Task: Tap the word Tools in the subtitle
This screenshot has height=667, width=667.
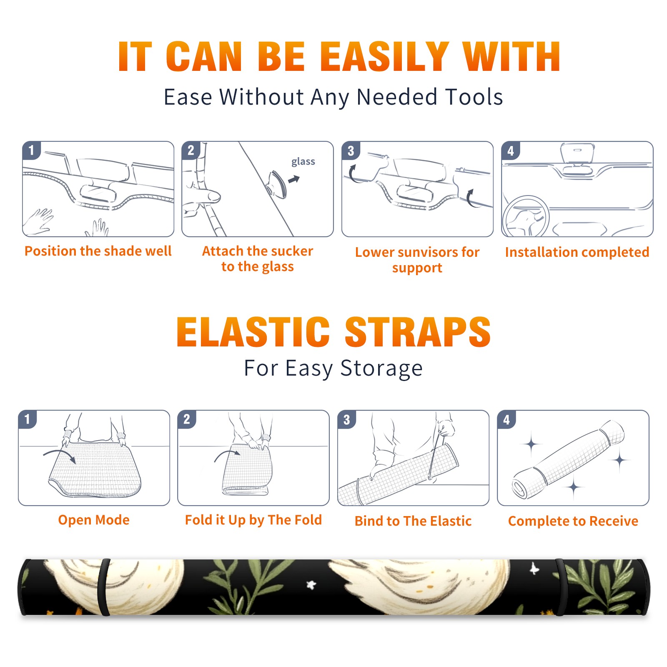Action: pyautogui.click(x=474, y=97)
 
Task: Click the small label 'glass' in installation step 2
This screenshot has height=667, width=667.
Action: pyautogui.click(x=303, y=162)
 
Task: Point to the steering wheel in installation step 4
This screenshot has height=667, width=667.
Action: pyautogui.click(x=526, y=216)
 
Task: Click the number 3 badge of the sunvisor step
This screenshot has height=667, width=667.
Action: pyautogui.click(x=351, y=150)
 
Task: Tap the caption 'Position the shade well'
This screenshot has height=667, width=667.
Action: pyautogui.click(x=98, y=251)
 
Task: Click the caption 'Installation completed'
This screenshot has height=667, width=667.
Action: pyautogui.click(x=577, y=252)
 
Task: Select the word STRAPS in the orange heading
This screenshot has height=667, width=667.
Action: pyautogui.click(x=418, y=332)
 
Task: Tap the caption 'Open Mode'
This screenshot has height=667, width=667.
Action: pyautogui.click(x=94, y=520)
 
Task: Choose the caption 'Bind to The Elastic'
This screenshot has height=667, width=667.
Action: pyautogui.click(x=413, y=521)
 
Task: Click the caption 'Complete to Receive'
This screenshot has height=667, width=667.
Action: pyautogui.click(x=573, y=521)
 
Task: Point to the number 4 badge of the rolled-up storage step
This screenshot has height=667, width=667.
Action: pyautogui.click(x=507, y=419)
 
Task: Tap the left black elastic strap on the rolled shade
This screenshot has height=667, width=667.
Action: pyautogui.click(x=103, y=587)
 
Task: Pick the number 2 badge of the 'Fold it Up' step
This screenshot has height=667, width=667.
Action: pyautogui.click(x=187, y=419)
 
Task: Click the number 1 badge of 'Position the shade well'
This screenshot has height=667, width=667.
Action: pyautogui.click(x=31, y=150)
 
